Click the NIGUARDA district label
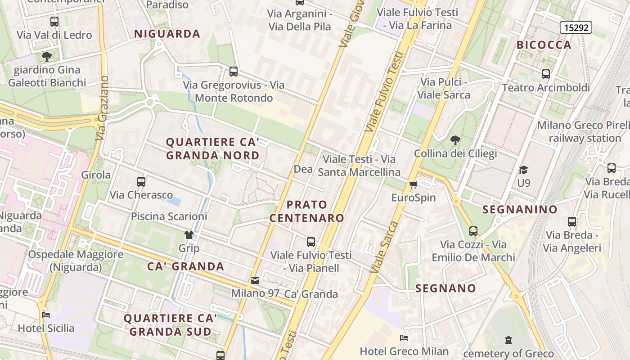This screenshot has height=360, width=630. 167,34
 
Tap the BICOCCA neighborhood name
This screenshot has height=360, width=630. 544,45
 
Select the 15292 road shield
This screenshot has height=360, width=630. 576,27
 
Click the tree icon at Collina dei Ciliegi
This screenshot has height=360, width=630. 455,140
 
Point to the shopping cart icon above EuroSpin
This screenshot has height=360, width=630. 414,184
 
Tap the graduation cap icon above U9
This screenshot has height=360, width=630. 523,170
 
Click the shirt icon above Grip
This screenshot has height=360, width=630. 189,235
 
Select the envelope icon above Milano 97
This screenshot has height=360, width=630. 255,280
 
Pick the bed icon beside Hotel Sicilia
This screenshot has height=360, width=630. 46,315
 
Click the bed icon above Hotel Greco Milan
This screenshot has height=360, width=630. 404,337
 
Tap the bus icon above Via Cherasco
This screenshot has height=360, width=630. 141,182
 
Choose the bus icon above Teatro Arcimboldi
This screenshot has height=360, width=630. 546,74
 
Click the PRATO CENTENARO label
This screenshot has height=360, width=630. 307,211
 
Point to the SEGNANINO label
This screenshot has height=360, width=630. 520,209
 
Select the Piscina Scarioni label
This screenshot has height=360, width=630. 169,216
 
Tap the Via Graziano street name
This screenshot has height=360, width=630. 102,108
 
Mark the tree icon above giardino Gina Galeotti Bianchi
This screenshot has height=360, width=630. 46,57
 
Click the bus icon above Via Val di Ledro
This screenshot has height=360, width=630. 54,22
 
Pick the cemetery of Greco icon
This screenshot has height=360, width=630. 508,340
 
